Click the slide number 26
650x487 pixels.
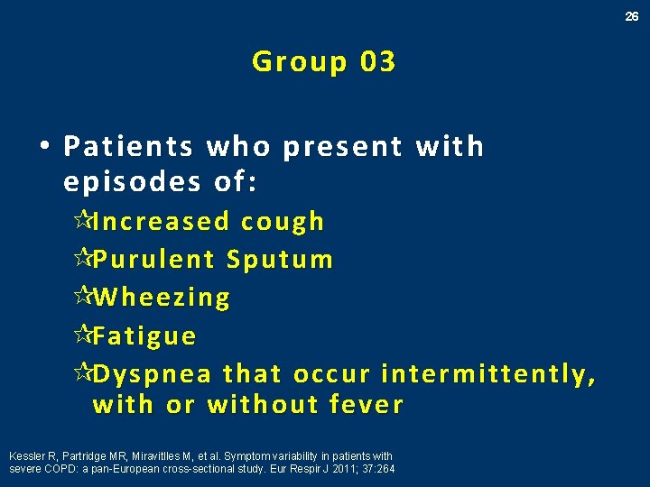[x=633, y=16]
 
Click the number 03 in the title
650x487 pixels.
[x=377, y=61]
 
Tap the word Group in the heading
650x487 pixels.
[x=299, y=62]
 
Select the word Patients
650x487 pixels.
[x=129, y=146]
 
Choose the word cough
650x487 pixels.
[x=283, y=221]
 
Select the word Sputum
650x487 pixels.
[x=280, y=260]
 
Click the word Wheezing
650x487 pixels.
[x=162, y=298]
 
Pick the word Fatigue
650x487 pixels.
[x=144, y=336]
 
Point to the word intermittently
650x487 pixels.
[x=488, y=374]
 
